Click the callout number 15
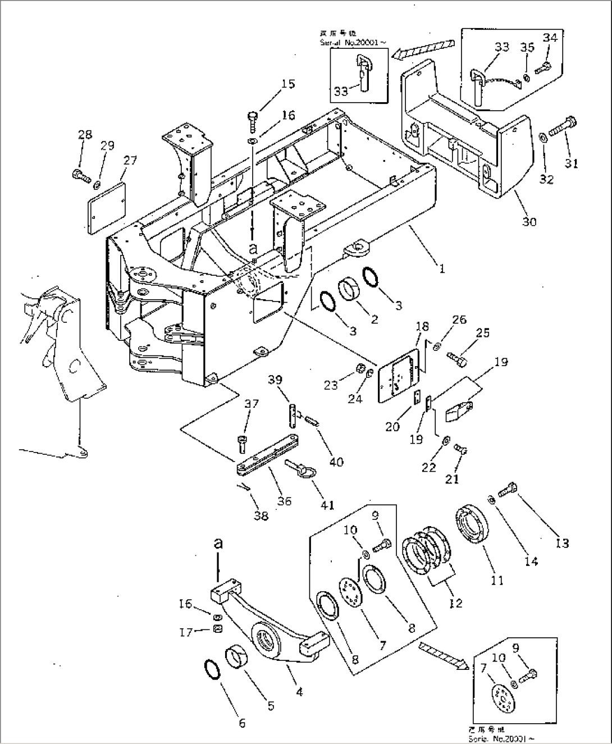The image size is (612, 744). click(287, 84)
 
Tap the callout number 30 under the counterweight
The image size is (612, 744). click(529, 221)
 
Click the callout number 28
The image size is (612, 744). click(85, 135)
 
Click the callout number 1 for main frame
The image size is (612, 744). click(442, 269)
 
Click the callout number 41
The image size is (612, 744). click(327, 505)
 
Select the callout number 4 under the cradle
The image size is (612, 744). click(299, 692)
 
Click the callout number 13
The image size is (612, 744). click(561, 543)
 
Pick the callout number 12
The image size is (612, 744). click(455, 603)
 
